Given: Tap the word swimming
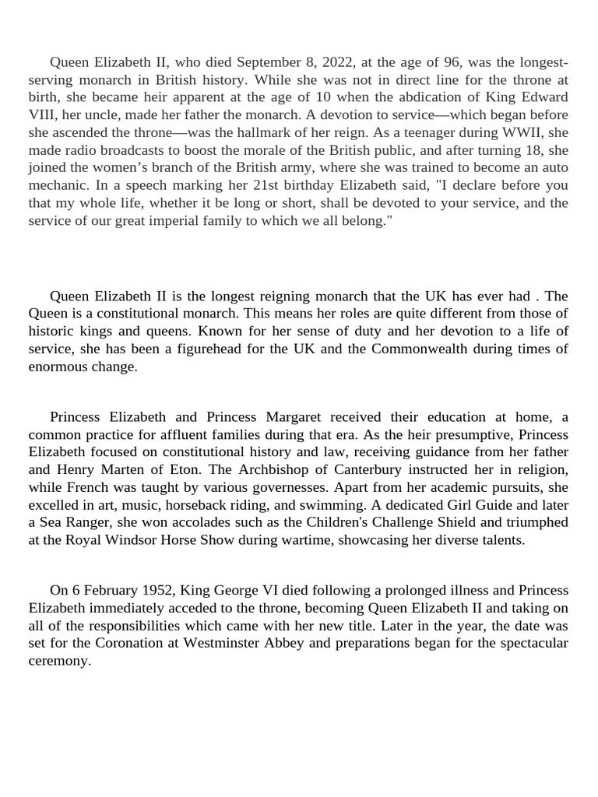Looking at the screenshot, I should [x=340, y=504].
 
